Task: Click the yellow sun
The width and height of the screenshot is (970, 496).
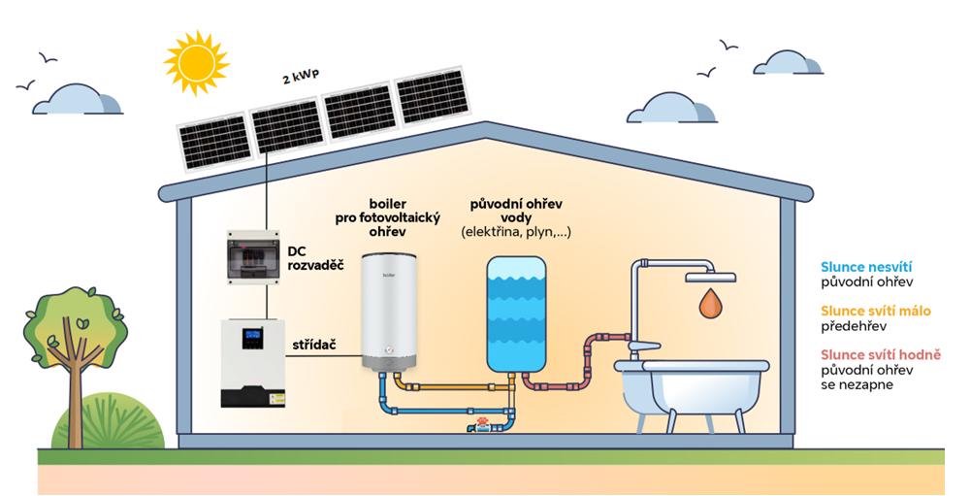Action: [x=196, y=62]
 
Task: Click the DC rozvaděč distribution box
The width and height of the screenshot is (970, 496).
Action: [x=253, y=257]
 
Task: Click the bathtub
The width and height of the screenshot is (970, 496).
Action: [x=692, y=385]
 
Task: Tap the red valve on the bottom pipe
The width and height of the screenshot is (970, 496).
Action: [x=481, y=424]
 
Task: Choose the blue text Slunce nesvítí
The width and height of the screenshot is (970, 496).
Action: [x=866, y=267]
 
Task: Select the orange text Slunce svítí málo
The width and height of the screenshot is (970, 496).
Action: [x=875, y=311]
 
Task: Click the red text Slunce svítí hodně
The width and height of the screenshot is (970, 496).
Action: [x=880, y=354]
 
